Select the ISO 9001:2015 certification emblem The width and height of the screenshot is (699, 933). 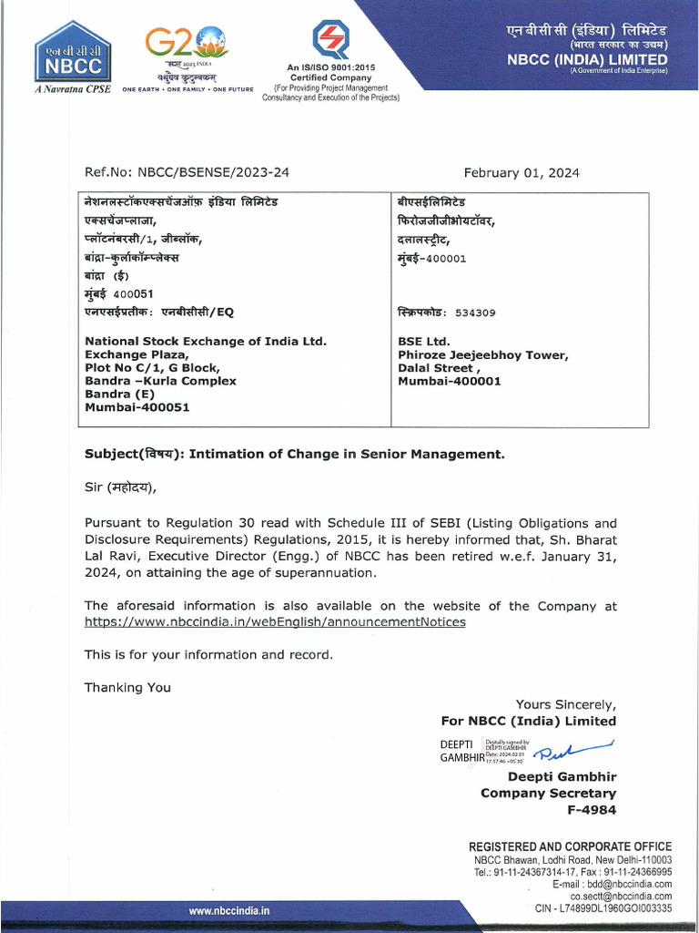pyautogui.click(x=329, y=40)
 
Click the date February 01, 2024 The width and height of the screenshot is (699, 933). pyautogui.click(x=521, y=173)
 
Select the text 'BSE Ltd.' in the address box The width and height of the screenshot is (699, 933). pyautogui.click(x=424, y=342)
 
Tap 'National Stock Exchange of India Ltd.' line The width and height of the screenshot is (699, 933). pyautogui.click(x=205, y=342)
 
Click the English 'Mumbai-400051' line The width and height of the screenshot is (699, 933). pyautogui.click(x=137, y=407)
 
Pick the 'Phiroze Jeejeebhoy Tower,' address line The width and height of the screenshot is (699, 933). pyautogui.click(x=482, y=355)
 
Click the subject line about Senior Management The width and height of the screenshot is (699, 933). pyautogui.click(x=294, y=454)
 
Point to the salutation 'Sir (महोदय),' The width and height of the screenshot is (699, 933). pyautogui.click(x=120, y=487)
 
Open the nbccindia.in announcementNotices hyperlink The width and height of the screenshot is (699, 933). pyautogui.click(x=275, y=621)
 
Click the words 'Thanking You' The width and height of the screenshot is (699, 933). pyautogui.click(x=127, y=687)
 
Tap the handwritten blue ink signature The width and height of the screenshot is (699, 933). pyautogui.click(x=573, y=751)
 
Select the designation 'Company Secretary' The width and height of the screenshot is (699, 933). pyautogui.click(x=548, y=793)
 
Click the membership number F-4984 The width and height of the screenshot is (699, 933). pyautogui.click(x=591, y=809)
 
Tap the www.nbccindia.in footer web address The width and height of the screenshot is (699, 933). pyautogui.click(x=228, y=910)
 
